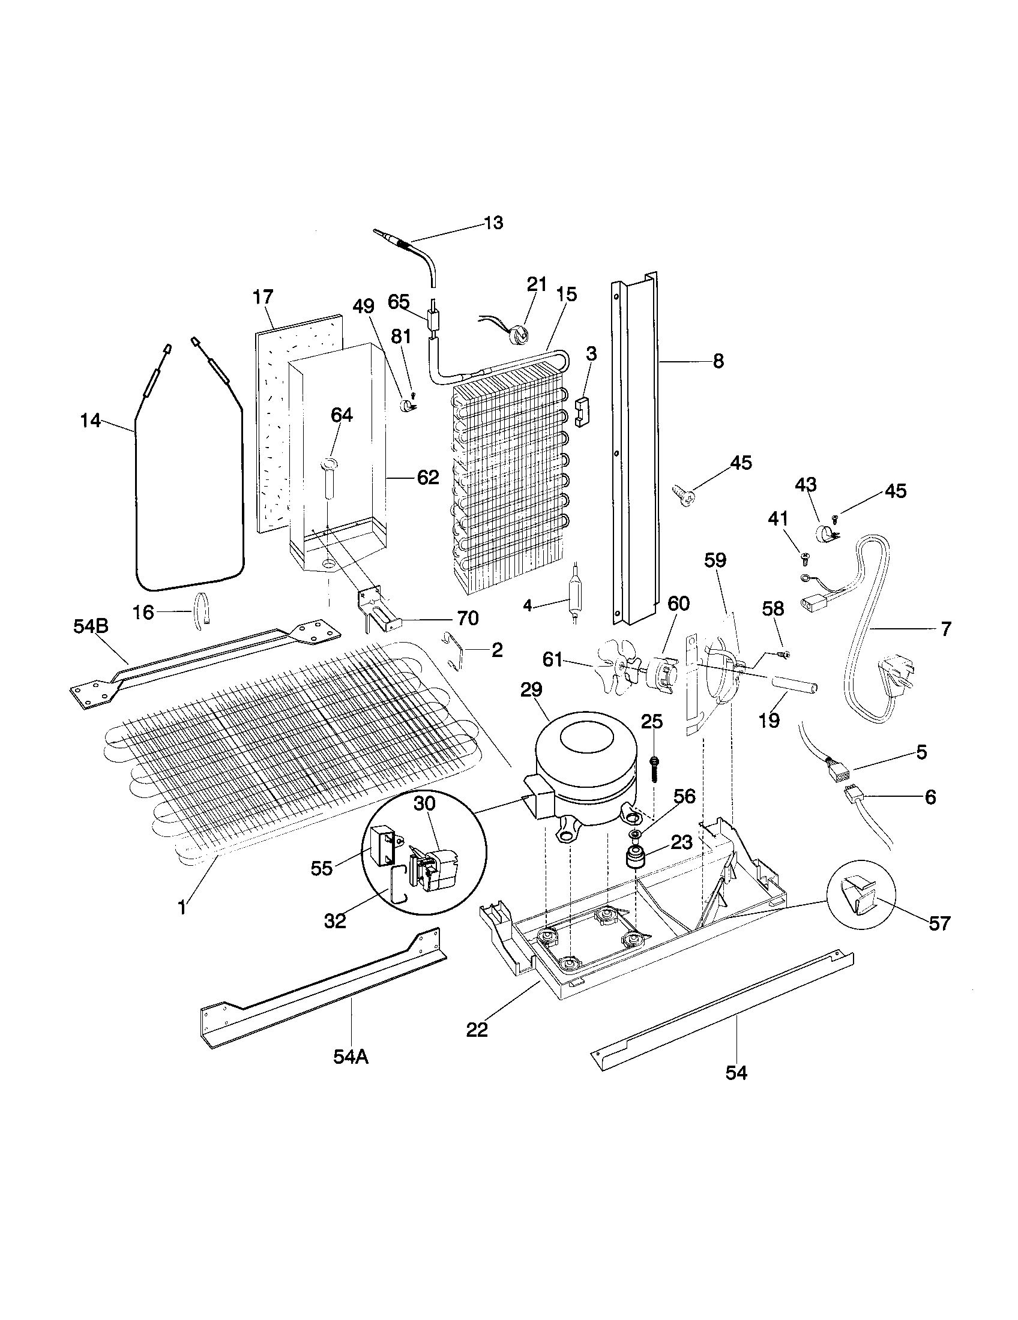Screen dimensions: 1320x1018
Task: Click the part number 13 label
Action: coord(493,223)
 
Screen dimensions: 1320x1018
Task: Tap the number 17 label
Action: coord(262,297)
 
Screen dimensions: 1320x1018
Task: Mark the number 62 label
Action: coord(428,478)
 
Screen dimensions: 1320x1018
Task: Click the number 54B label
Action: coord(91,627)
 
